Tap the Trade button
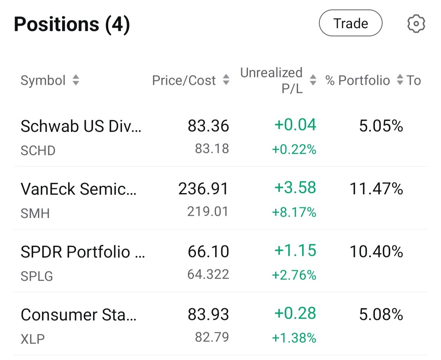(350, 23)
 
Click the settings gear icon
(416, 23)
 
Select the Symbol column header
(43, 80)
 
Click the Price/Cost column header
(184, 80)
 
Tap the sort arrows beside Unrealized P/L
(313, 80)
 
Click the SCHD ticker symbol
(38, 151)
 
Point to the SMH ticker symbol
(35, 213)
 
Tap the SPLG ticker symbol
(37, 276)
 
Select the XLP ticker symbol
(33, 339)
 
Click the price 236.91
(203, 189)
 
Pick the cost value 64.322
(208, 274)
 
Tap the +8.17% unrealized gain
(294, 212)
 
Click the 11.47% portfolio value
(376, 189)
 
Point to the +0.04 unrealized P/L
(295, 125)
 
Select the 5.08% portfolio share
(381, 314)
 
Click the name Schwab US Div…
(81, 126)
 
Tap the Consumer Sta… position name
(78, 315)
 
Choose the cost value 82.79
(212, 337)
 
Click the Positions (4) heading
(72, 24)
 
